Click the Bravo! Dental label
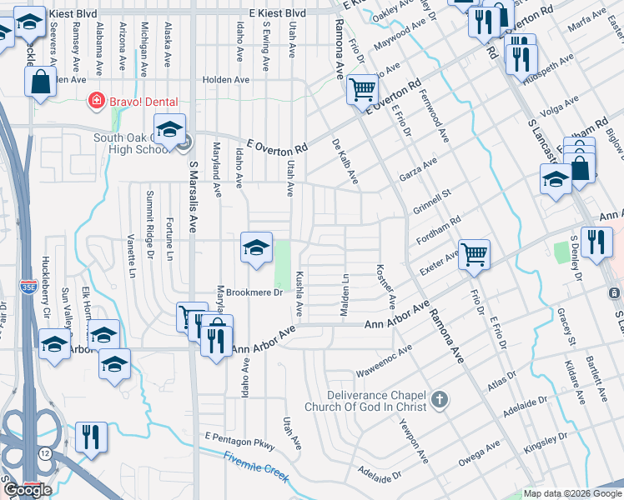click(x=143, y=102)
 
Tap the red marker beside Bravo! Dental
click(x=97, y=102)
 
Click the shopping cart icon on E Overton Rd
click(x=362, y=88)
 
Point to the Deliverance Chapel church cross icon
click(x=440, y=401)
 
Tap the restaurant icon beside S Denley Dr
click(x=594, y=242)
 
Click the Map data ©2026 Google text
click(x=572, y=493)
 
